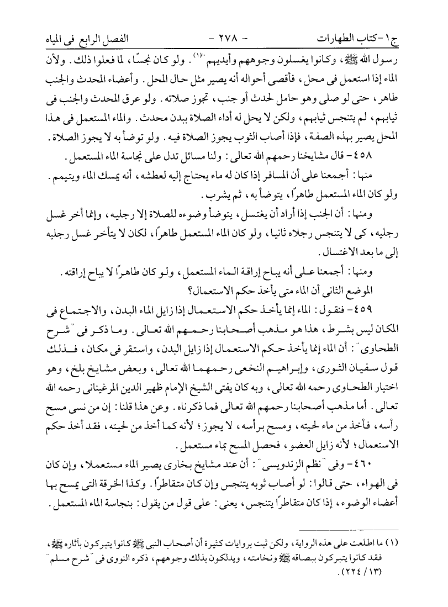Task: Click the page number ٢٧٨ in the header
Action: [x=223, y=40]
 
